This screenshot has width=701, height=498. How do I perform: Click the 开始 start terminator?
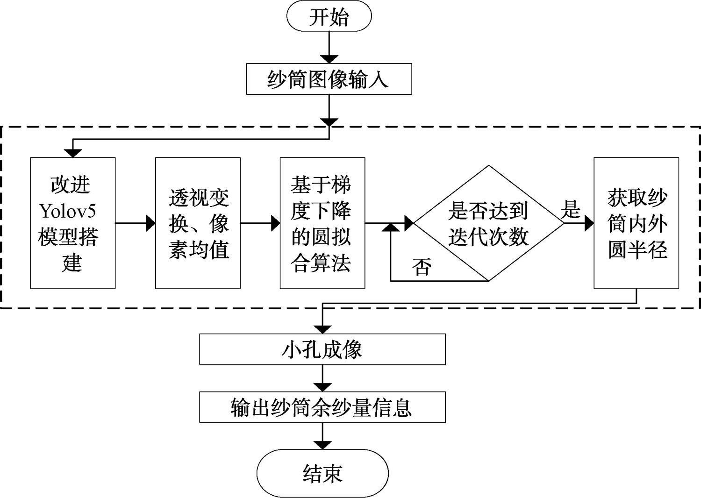point(329,17)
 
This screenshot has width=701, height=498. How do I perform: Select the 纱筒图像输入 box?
point(329,79)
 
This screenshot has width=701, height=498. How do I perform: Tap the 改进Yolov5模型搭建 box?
point(73,223)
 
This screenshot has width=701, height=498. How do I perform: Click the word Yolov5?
point(68,211)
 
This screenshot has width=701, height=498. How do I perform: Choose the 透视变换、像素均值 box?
point(198,223)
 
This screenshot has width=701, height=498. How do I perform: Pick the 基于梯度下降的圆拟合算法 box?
point(322,223)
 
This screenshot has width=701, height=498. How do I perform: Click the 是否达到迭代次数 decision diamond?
point(488,223)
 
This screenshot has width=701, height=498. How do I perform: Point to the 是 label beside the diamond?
point(570,209)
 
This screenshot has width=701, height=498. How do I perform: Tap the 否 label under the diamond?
point(422,267)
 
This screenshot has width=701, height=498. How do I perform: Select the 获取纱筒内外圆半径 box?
point(636,223)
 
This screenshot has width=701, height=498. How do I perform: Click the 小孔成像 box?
point(322,349)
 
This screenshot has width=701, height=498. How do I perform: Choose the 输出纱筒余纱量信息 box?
point(322,407)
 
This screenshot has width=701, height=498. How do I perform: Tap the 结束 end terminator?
point(322,473)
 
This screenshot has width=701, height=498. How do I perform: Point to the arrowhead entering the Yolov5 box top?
point(73,153)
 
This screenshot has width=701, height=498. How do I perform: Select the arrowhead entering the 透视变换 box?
point(151,223)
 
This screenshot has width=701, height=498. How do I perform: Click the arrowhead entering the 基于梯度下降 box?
point(275,223)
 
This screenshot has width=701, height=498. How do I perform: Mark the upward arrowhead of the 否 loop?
point(391,227)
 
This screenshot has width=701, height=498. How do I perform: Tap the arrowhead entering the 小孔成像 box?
point(322,329)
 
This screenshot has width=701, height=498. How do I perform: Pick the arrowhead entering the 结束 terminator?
point(322,445)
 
